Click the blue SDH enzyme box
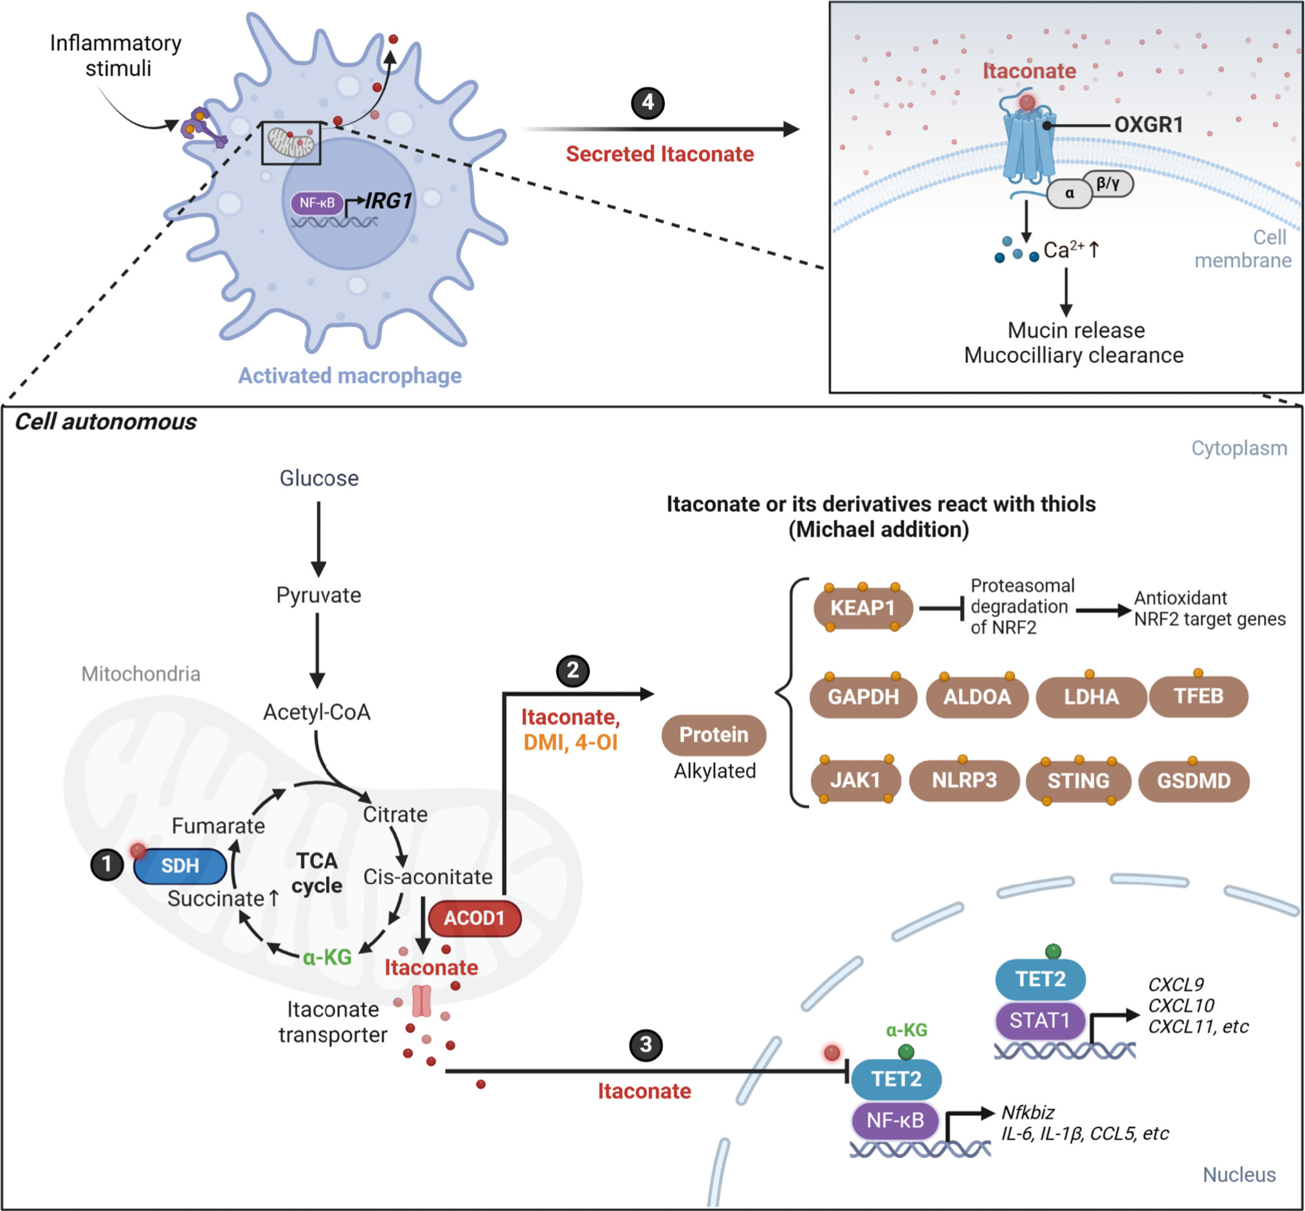pos(179,866)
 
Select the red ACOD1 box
pos(475,918)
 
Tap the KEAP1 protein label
pos(862,608)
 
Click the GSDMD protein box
pos(1194,781)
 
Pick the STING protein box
pos(1078,781)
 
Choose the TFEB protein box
pos(1198,696)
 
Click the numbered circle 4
pos(648,102)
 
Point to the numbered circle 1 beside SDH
pos(107,865)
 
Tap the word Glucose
pos(319,478)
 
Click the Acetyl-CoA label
pos(316,713)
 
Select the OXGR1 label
pos(1148,125)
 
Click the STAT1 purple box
pos(1039,1020)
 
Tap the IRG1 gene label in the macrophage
pos(388,201)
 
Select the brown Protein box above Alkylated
pos(714,734)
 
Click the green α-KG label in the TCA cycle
pos(327,958)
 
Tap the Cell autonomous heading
pos(105,422)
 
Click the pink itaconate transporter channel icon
pos(421,1001)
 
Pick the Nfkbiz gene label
pos(1028,1113)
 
